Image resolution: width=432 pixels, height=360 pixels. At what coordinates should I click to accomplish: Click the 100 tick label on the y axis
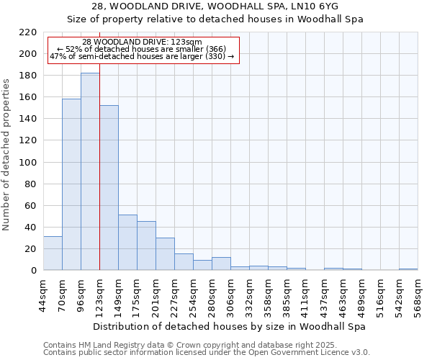coord(27,163)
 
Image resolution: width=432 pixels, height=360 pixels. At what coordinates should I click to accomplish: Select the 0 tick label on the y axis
coord(33,271)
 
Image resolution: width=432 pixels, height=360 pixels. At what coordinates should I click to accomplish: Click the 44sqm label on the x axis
coord(43,295)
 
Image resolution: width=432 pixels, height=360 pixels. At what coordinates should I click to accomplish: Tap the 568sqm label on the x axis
coord(418,295)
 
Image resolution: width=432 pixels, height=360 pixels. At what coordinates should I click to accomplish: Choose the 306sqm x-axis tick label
coord(230,295)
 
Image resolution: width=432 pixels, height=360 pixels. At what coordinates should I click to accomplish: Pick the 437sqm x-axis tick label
coord(324,295)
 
